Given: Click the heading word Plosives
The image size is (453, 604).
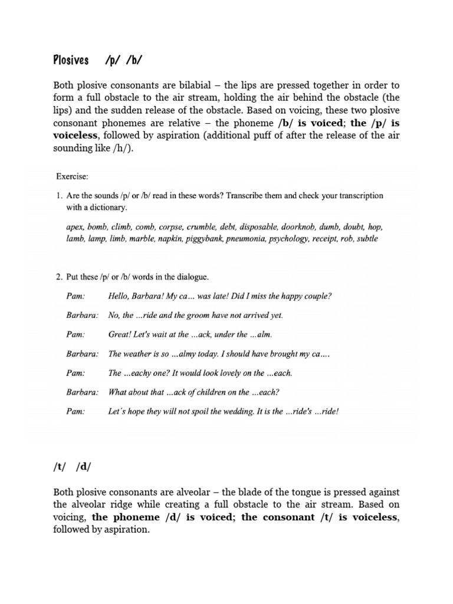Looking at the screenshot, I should point(71,60).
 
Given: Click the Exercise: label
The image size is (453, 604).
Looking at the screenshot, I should point(73,176).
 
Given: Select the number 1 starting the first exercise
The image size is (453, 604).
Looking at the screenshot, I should point(58,195).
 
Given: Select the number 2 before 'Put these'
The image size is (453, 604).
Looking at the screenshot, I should point(58,276).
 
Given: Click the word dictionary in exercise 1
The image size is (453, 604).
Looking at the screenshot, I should point(107,208).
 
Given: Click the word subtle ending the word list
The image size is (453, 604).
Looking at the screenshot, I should point(366,239).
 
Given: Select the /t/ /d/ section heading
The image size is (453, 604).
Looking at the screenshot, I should point(72,467).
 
